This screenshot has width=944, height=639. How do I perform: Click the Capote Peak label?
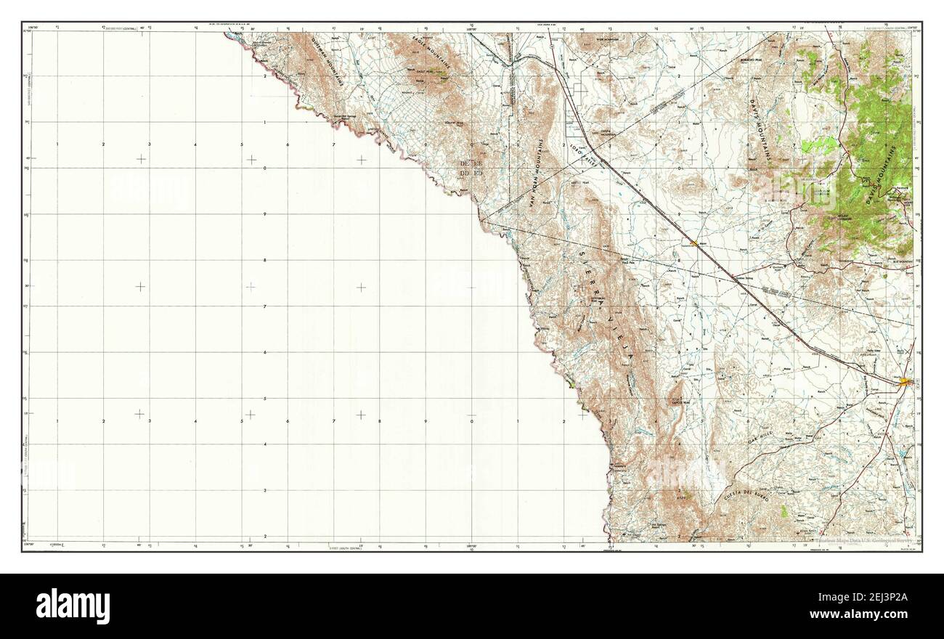[680, 401]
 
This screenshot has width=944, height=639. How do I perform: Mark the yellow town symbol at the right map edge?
[905, 381]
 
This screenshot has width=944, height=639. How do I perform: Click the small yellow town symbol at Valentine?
[695, 243]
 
